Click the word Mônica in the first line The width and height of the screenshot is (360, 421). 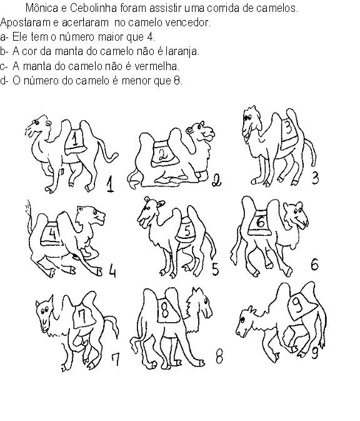point(42,8)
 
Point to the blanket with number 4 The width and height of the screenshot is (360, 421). point(51,233)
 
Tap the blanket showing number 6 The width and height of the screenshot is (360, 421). point(259,222)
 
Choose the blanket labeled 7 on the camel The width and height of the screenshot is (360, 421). point(84,316)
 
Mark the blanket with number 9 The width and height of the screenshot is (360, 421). point(301,305)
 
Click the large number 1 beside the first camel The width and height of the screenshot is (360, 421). point(110,184)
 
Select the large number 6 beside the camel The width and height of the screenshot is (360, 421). point(314,264)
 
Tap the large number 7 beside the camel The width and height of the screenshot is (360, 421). point(116,360)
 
